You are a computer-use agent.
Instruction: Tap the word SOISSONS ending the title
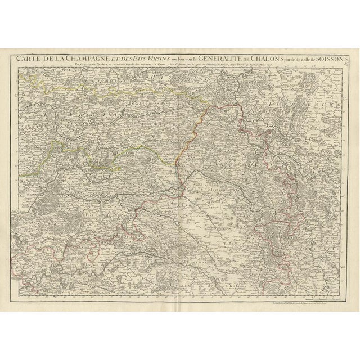tap(329, 56)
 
